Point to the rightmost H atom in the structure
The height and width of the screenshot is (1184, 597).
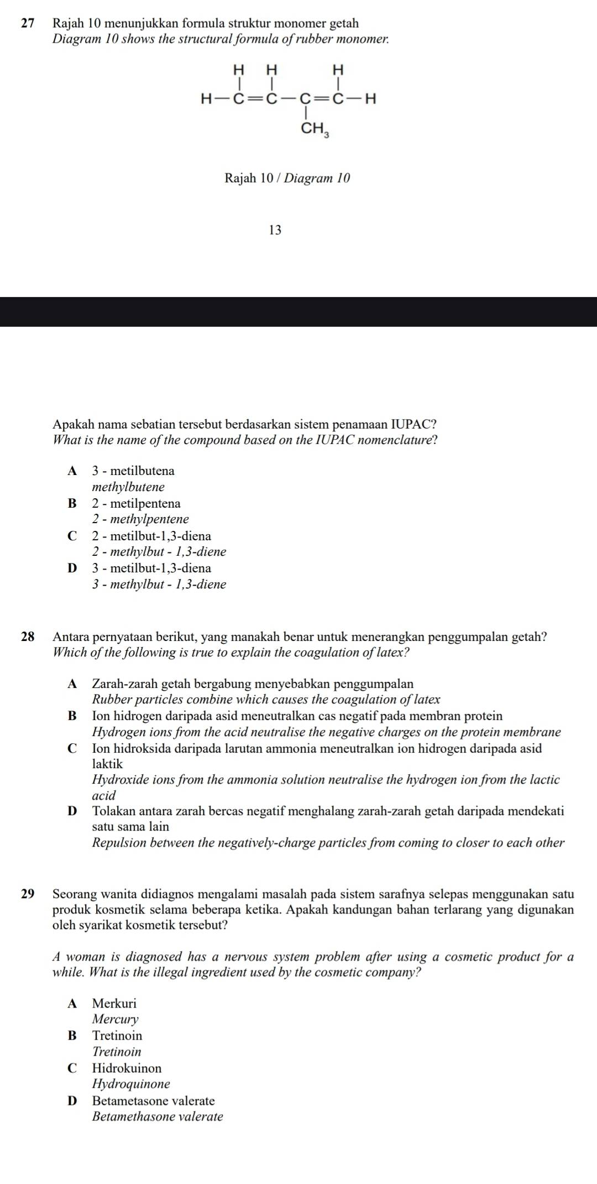click(371, 100)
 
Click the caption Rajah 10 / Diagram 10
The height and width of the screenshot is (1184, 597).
click(287, 178)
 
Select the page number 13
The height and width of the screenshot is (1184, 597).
click(275, 231)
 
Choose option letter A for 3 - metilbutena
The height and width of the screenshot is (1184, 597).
click(72, 471)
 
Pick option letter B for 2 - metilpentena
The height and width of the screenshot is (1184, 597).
click(72, 504)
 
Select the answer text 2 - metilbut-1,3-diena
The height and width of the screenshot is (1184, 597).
click(151, 536)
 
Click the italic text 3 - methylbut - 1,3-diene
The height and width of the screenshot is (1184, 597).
click(159, 585)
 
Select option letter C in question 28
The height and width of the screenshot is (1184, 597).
click(72, 749)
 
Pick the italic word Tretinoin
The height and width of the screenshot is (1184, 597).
click(117, 1051)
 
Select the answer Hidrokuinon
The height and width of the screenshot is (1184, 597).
click(127, 1068)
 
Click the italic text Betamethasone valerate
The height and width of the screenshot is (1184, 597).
click(158, 1117)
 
